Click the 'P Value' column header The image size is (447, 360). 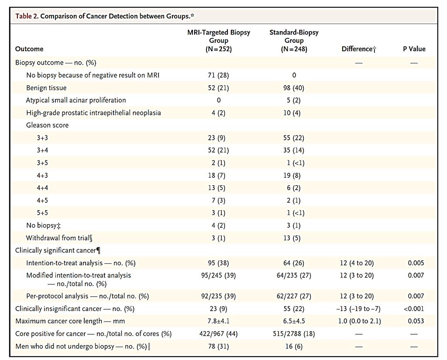[x=414, y=49]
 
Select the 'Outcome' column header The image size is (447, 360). [x=29, y=49]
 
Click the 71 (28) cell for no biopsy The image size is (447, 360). [x=218, y=75]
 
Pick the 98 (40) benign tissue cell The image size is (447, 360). [x=294, y=88]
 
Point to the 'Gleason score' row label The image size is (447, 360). [x=47, y=125]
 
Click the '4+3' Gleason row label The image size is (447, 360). [x=42, y=176]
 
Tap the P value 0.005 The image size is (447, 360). [x=416, y=263]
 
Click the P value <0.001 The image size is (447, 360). [x=414, y=308]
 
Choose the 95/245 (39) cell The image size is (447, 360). [x=218, y=276]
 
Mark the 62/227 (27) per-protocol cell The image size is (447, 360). [x=294, y=296]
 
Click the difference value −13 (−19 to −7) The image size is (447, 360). [x=358, y=308]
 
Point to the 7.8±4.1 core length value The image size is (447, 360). [x=218, y=321]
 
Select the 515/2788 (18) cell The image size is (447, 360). [x=294, y=334]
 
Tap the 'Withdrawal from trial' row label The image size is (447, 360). [x=59, y=238]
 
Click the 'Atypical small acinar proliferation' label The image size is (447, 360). [x=76, y=100]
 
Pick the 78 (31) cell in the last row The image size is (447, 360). [x=218, y=346]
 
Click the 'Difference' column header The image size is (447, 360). [x=359, y=49]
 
